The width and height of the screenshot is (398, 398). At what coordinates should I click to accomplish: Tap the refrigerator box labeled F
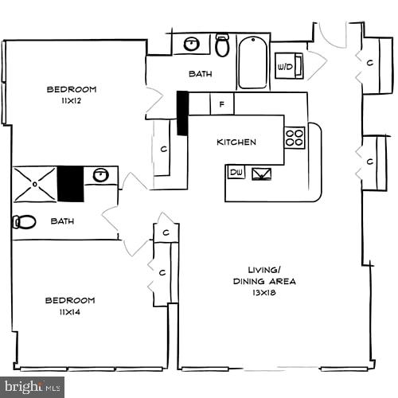coord(222,103)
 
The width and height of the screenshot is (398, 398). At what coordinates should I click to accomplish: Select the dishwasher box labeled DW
coord(236,172)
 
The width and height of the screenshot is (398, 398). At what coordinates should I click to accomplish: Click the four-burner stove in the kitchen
coord(295,138)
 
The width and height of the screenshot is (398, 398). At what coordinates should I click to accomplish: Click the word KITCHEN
coord(236,142)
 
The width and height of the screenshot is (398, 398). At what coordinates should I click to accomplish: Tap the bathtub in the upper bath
coord(252,61)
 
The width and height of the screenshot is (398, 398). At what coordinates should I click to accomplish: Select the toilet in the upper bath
coord(222,45)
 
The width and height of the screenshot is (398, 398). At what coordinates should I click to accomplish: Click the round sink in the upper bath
coord(192,44)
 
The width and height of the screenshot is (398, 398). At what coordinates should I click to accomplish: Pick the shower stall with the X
coord(34,184)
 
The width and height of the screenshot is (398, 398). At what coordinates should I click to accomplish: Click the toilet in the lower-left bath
coord(25,222)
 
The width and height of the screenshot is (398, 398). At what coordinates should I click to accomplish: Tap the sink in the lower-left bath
coord(100,175)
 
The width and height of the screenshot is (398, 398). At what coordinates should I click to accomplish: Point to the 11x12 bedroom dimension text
coord(71,102)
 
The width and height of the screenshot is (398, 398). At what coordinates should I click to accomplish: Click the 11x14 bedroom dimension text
coord(69,313)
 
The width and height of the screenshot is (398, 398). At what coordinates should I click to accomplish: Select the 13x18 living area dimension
coord(264,294)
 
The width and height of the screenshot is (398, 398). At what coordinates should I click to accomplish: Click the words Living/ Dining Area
coord(264,275)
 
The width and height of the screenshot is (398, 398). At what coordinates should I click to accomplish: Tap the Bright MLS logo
coord(32,388)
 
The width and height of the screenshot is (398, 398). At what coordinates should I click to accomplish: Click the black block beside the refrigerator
coord(182,113)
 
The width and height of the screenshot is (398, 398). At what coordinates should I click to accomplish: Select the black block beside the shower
coord(70,184)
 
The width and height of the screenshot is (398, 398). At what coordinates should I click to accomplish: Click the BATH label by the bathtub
coord(200,74)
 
